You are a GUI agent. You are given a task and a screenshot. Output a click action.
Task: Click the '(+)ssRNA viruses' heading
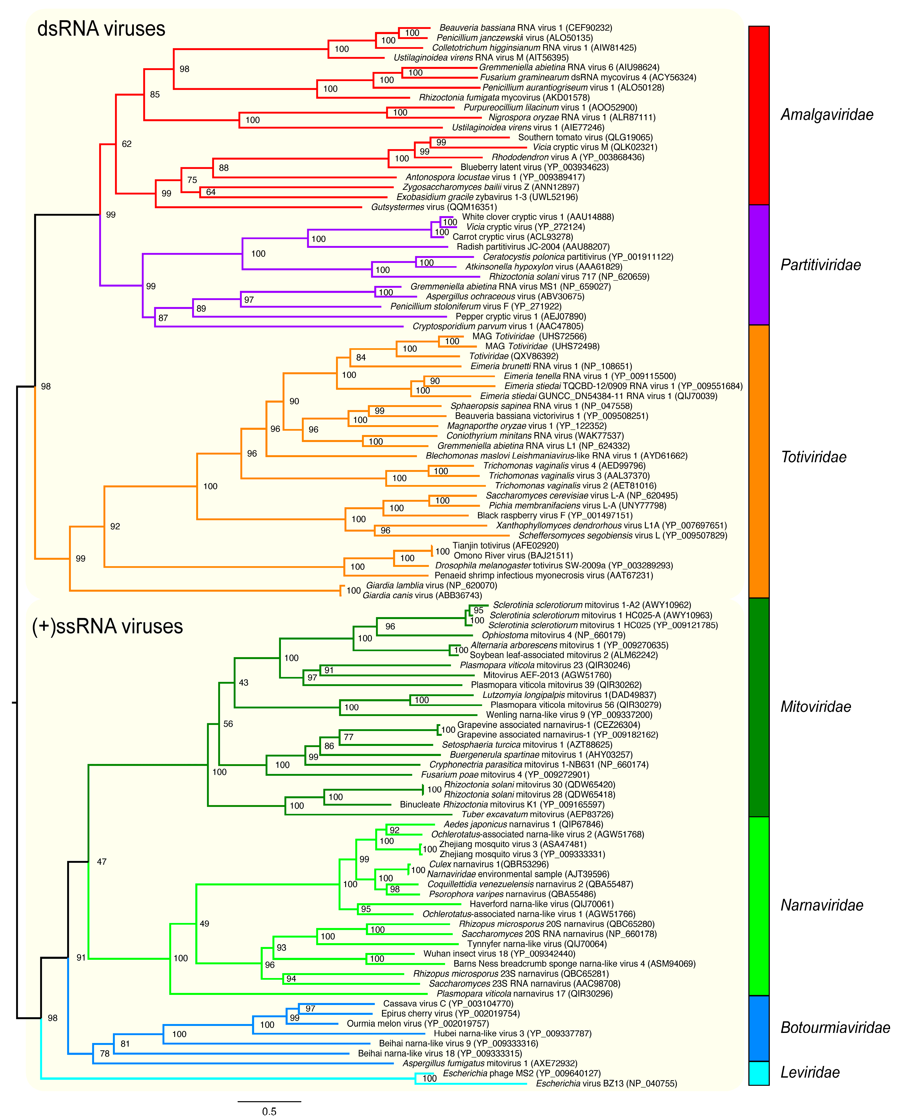pyautogui.click(x=108, y=627)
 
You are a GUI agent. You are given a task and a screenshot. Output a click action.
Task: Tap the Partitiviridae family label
pyautogui.click(x=821, y=265)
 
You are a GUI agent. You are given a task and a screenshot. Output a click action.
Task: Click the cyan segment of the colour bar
pyautogui.click(x=759, y=1073)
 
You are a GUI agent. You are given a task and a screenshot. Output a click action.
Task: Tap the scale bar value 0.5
pyautogui.click(x=269, y=1111)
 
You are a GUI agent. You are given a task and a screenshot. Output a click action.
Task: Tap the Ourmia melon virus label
pyautogui.click(x=418, y=1023)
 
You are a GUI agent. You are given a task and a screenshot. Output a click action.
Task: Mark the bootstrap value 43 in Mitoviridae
pyautogui.click(x=243, y=683)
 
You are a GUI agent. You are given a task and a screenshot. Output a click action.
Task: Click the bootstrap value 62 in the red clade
pyautogui.click(x=127, y=144)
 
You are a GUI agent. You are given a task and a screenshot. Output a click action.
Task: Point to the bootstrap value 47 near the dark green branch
pyautogui.click(x=102, y=862)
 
